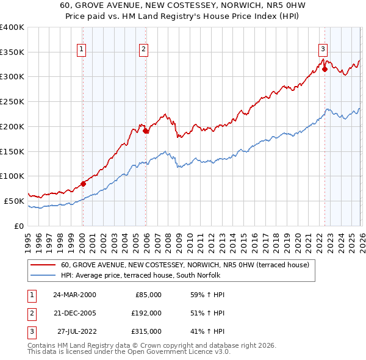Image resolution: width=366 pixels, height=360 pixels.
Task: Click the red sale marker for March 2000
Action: (83, 183)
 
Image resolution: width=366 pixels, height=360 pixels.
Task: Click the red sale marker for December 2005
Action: (146, 130)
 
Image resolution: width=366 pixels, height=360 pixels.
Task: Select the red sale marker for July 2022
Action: (325, 69)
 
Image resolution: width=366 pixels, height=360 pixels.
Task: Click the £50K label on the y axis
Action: (13, 201)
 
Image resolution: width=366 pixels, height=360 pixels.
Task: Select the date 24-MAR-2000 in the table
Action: (74, 295)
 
